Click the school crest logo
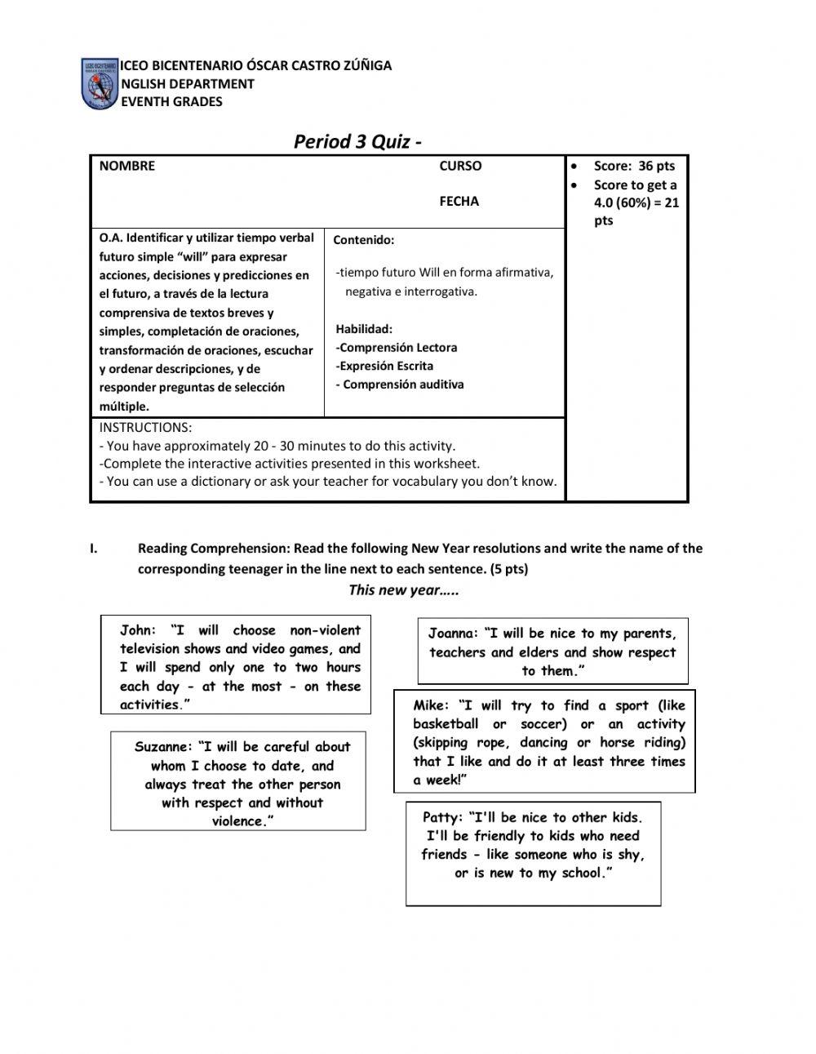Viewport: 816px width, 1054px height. tap(100, 83)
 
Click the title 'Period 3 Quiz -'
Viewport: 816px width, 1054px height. tap(357, 141)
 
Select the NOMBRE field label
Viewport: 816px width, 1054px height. tap(126, 166)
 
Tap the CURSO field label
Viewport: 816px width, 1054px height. tap(460, 166)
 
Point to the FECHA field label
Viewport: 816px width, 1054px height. tap(459, 201)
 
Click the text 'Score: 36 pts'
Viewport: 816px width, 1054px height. tap(634, 166)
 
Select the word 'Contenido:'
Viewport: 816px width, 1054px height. tap(363, 240)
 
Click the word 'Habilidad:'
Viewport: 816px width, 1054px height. tap(364, 329)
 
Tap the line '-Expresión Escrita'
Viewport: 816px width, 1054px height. tap(384, 366)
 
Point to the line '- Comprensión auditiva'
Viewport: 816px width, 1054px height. tap(400, 385)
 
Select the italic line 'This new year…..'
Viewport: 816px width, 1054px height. tap(403, 590)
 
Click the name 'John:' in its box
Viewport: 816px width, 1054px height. tap(137, 630)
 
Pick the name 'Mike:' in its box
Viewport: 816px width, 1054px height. tap(431, 705)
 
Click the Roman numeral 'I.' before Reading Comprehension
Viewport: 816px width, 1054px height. tap(94, 549)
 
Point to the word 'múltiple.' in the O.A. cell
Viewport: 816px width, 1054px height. tap(124, 407)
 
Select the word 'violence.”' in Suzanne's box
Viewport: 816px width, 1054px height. tap(242, 821)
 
